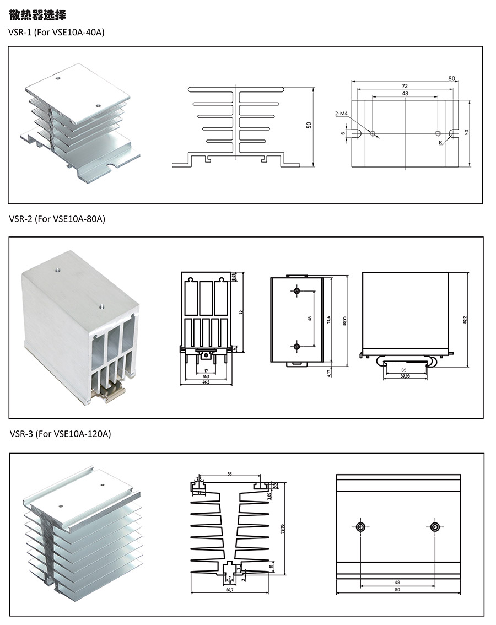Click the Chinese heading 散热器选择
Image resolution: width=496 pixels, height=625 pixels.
coord(37,15)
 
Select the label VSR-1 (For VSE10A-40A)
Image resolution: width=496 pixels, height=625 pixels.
coord(56,33)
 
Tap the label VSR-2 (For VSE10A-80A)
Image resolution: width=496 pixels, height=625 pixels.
coord(57,219)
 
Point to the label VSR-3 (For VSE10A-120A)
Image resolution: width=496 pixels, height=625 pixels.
coord(60,434)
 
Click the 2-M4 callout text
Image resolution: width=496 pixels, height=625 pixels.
coord(341,114)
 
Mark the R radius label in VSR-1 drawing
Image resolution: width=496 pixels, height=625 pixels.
coord(440,142)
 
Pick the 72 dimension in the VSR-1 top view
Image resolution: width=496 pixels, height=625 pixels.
coord(405,87)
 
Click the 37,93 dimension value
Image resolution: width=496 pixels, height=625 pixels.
coord(405,376)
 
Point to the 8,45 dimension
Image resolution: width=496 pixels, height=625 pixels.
coord(234,277)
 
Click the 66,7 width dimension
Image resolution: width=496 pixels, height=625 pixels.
coord(230,590)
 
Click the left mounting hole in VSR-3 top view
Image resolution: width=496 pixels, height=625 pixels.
coord(360,527)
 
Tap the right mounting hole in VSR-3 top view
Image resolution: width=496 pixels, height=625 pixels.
coord(435,527)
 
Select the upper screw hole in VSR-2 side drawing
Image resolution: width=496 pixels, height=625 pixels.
coord(297,291)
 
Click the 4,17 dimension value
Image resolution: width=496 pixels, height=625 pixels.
coord(329,373)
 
